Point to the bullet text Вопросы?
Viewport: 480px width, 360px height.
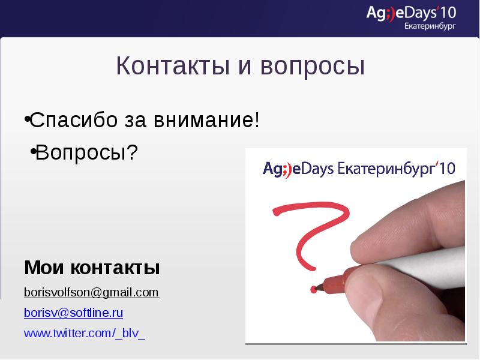click(x=86, y=153)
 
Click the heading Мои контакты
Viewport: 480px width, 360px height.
click(x=92, y=268)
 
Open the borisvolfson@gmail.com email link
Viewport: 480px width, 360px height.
click(x=91, y=292)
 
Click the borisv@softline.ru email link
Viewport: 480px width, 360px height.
click(x=73, y=313)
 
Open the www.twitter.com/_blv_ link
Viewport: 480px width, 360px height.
click(x=84, y=333)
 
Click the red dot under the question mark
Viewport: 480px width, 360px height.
click(x=313, y=290)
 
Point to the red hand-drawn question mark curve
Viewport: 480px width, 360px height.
click(x=312, y=228)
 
